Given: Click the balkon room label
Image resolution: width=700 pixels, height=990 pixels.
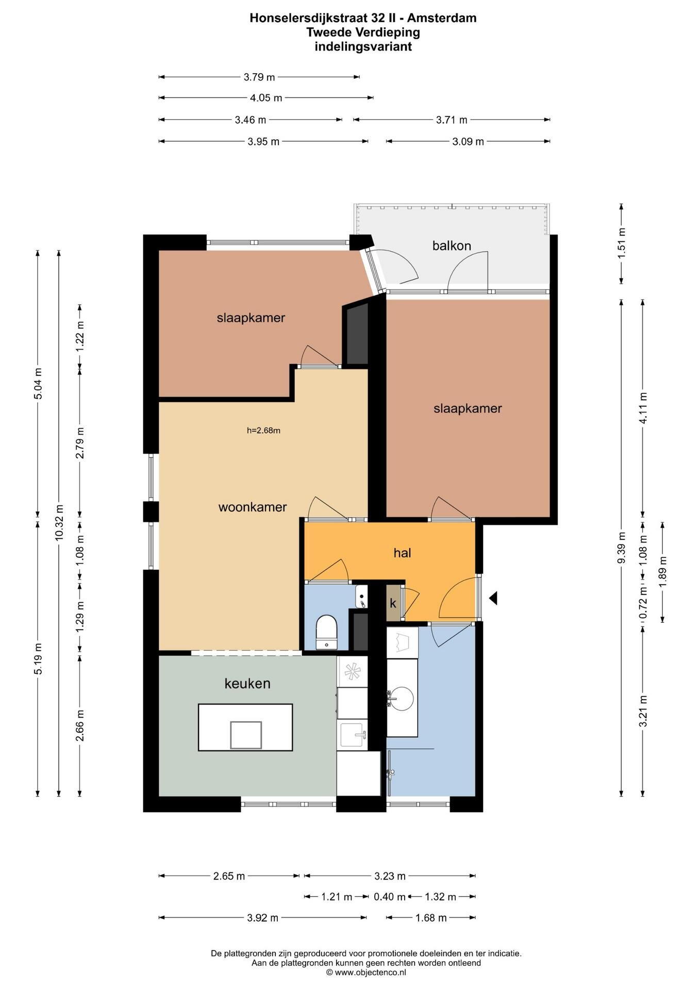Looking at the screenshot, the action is (x=452, y=246).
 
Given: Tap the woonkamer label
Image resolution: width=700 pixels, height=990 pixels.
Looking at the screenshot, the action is (x=253, y=507).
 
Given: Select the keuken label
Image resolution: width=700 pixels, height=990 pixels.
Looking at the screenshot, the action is (x=247, y=684).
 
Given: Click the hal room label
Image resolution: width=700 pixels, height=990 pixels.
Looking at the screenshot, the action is (x=402, y=553).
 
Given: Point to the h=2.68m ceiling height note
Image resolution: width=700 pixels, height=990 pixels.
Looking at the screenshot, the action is (x=263, y=431).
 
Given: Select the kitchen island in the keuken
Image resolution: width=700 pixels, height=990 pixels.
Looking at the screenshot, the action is (x=245, y=727).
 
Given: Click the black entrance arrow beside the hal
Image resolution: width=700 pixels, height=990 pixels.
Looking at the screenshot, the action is (x=493, y=598).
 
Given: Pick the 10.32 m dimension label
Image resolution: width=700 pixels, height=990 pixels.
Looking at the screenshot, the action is (x=59, y=523).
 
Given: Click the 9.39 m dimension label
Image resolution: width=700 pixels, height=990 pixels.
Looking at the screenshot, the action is (x=621, y=548).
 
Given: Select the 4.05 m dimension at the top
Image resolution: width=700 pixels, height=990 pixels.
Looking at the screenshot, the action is (x=266, y=97).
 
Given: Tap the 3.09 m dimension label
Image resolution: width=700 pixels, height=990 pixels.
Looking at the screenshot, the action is (x=468, y=141).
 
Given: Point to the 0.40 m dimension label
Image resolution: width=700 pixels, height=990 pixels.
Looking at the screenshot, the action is (x=390, y=897).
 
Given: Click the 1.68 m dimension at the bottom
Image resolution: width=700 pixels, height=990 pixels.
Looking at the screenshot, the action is (x=431, y=918).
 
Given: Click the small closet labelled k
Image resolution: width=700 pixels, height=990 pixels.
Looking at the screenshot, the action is (x=393, y=602).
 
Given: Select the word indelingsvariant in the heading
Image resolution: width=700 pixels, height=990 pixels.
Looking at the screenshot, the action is (x=363, y=46).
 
